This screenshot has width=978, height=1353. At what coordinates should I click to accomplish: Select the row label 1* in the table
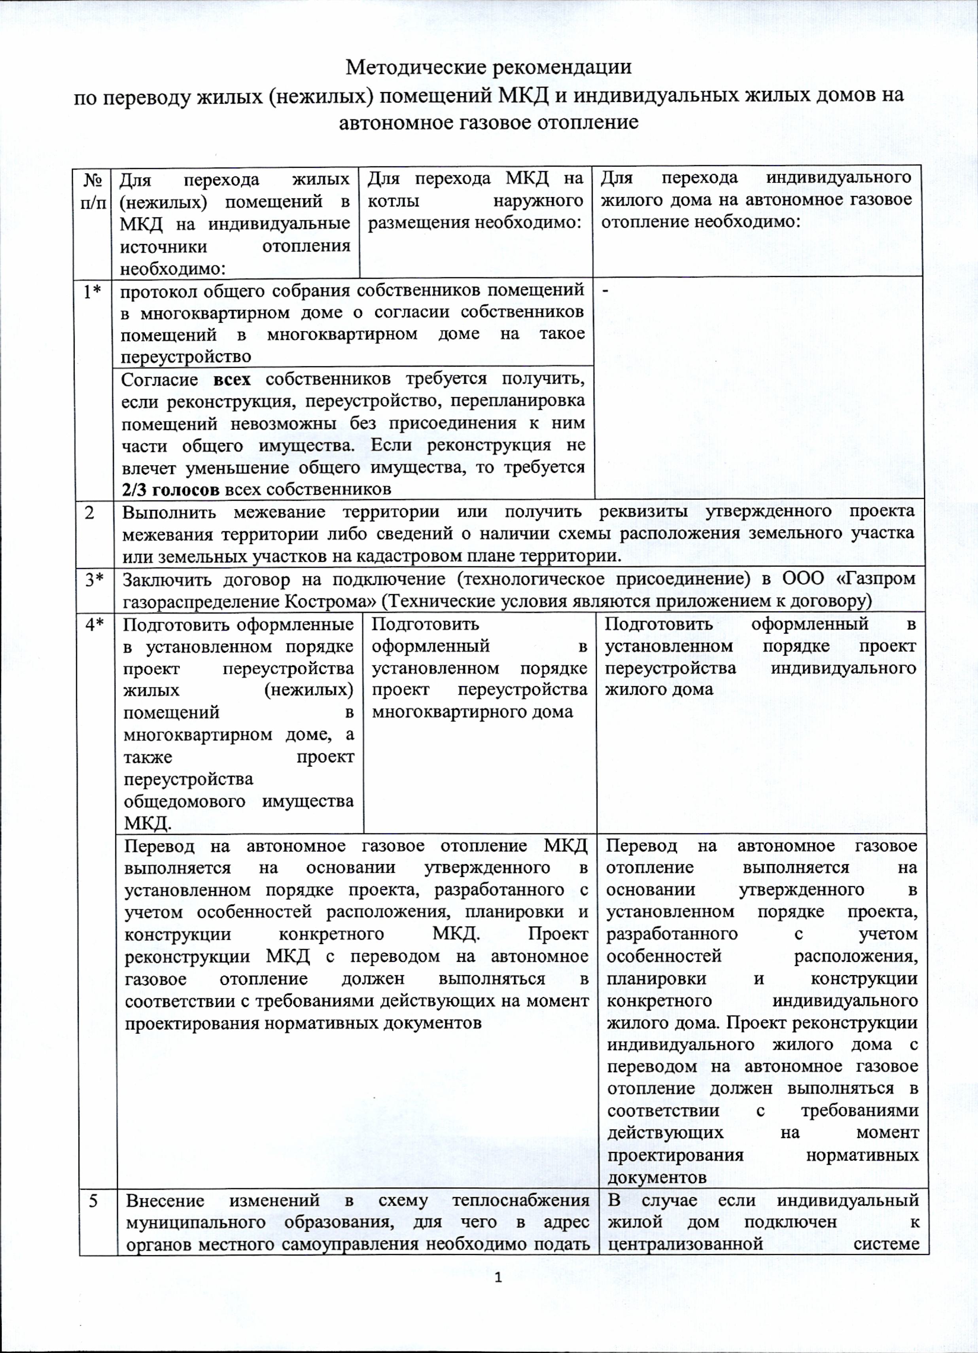pos(91,292)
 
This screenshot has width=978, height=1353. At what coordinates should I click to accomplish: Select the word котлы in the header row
pos(393,201)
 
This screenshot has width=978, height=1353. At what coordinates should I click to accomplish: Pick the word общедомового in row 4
pos(184,801)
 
